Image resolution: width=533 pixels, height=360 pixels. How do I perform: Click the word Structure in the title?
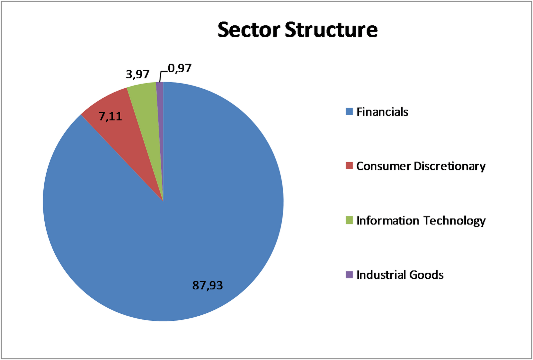pos(331,30)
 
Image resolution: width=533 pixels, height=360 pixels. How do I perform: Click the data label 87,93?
pos(208,285)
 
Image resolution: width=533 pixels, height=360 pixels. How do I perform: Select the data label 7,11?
pos(110,116)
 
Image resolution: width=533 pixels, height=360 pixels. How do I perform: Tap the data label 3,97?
pos(138,74)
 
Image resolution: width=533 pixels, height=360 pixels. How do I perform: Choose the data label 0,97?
pos(180,68)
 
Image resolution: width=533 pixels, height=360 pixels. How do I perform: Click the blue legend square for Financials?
pos(349,112)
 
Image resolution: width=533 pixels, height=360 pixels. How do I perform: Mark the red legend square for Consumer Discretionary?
pos(349,166)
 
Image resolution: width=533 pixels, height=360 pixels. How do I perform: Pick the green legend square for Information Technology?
pos(349,220)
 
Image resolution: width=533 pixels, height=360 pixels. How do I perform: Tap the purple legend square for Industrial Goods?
pos(349,275)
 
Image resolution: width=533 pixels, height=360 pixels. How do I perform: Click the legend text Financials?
pos(382,112)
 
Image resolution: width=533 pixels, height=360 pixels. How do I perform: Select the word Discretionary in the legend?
pos(449,166)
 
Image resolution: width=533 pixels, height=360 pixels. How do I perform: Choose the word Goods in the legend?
pos(426,275)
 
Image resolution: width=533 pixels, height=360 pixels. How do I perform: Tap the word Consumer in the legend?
pos(383,166)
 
